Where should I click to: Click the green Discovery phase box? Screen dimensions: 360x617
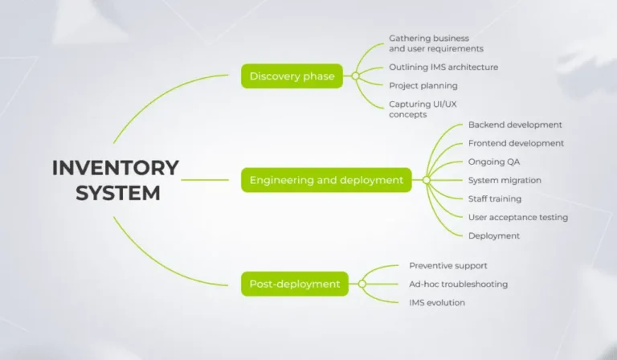[x=292, y=76]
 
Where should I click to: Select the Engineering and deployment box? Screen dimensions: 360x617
[x=326, y=180]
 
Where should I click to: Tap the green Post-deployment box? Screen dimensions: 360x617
[x=294, y=284]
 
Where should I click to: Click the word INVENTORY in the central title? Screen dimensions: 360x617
[x=116, y=168]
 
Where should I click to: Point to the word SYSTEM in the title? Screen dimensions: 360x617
[x=118, y=194]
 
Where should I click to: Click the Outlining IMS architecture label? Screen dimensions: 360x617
[x=443, y=67]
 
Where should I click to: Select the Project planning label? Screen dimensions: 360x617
[x=423, y=86]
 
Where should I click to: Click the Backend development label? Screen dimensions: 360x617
[x=515, y=125]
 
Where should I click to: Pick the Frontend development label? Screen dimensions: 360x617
[x=516, y=144]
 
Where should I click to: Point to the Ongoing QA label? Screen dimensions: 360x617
[x=494, y=162]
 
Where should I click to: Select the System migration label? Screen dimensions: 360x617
[x=505, y=180]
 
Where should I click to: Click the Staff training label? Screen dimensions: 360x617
[x=495, y=198]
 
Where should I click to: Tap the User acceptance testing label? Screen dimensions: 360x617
[x=518, y=217]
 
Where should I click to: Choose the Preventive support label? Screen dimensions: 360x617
[x=448, y=265]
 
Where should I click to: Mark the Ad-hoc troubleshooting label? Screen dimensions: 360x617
[x=458, y=284]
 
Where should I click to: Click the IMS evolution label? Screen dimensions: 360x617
[x=437, y=302]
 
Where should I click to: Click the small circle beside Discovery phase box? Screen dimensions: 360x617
[x=354, y=76]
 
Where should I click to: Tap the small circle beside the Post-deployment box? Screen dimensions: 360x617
[x=362, y=284]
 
